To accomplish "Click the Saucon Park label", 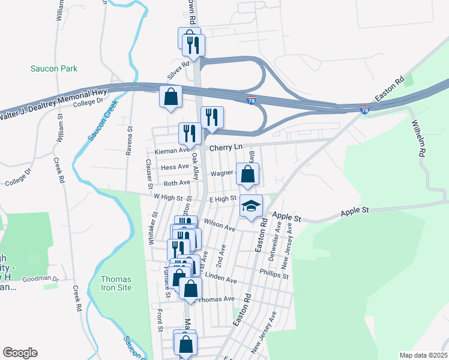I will pyautogui.click(x=54, y=69).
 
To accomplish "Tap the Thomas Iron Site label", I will pyautogui.click(x=116, y=283).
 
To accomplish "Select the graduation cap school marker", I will pyautogui.click(x=252, y=206).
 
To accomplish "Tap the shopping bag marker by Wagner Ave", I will pyautogui.click(x=248, y=175).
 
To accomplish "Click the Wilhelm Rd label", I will pyautogui.click(x=418, y=139).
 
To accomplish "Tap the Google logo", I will pyautogui.click(x=20, y=353).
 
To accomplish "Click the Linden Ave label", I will pyautogui.click(x=221, y=278).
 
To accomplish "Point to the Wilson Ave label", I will pyautogui.click(x=220, y=226).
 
